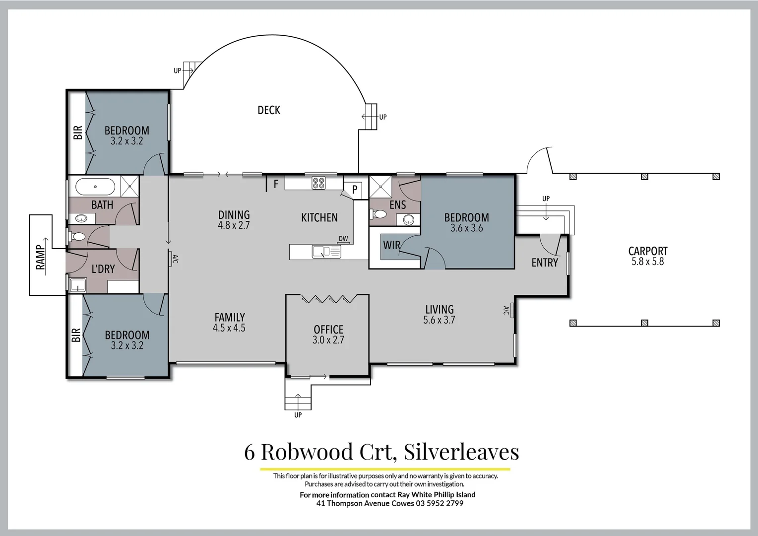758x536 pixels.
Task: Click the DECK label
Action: pyautogui.click(x=269, y=110)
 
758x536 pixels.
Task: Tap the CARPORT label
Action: pyautogui.click(x=647, y=251)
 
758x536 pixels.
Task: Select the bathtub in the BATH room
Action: pyautogui.click(x=95, y=187)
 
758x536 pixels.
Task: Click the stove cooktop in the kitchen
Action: pyautogui.click(x=318, y=183)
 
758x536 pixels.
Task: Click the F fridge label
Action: pyautogui.click(x=276, y=185)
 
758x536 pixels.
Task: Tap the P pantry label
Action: pyautogui.click(x=355, y=190)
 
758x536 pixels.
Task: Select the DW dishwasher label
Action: pyautogui.click(x=343, y=239)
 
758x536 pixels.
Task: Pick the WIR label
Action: pyautogui.click(x=391, y=245)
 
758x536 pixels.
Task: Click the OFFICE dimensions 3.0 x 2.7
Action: pyautogui.click(x=328, y=340)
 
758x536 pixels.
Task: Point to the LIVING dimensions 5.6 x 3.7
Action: pyautogui.click(x=439, y=320)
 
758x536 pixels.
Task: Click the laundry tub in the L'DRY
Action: pyautogui.click(x=77, y=285)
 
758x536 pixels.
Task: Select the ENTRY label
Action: pyautogui.click(x=545, y=263)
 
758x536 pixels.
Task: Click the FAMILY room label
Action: pyautogui.click(x=229, y=317)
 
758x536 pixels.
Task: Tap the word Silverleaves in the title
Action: pyautogui.click(x=461, y=452)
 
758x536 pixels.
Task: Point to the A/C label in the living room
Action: pyautogui.click(x=506, y=311)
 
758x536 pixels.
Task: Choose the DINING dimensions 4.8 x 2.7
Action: pyautogui.click(x=234, y=225)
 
